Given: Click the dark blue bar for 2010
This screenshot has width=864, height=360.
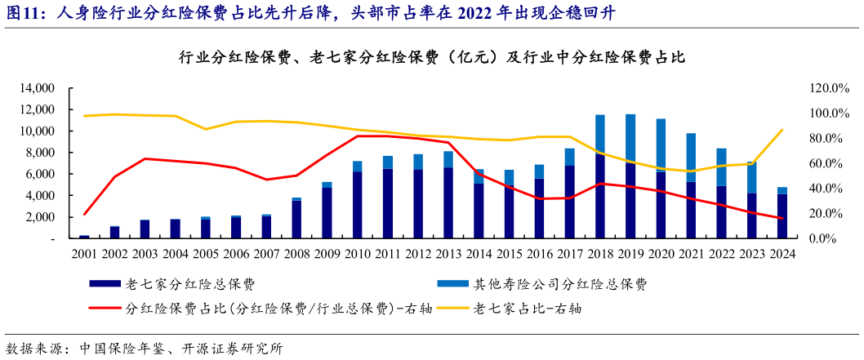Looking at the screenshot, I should (x=357, y=205).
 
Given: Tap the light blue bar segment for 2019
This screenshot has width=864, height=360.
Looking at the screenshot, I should (x=630, y=138).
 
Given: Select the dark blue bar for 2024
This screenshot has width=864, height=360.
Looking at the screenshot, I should (x=782, y=216).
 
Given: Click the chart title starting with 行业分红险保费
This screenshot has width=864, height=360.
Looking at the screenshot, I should (x=430, y=58).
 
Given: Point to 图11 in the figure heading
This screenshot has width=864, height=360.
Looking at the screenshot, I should (x=22, y=13).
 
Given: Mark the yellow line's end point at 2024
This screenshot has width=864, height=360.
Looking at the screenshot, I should (x=782, y=130).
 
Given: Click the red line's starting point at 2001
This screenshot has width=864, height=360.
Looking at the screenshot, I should (x=84, y=215).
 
